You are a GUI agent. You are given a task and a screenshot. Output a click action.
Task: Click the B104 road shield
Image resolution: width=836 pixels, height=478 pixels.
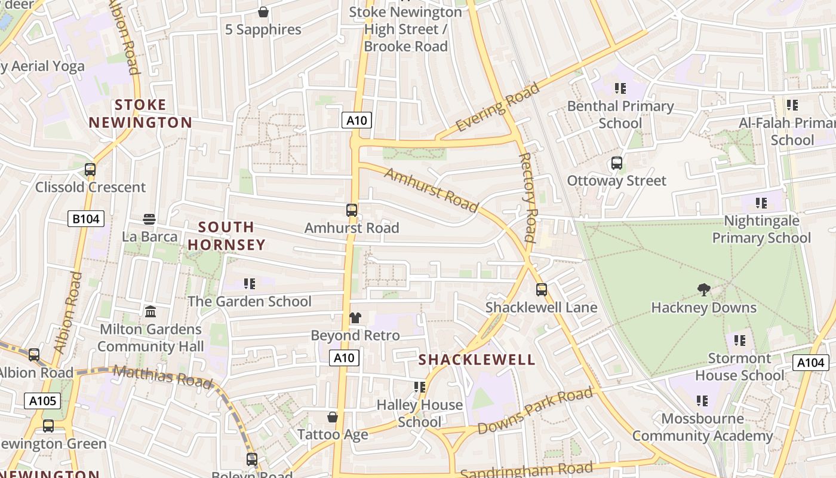(85, 219)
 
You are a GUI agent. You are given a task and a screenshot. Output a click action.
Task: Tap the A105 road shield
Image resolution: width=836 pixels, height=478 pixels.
(42, 400)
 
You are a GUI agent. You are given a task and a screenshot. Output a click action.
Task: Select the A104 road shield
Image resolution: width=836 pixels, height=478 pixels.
(810, 362)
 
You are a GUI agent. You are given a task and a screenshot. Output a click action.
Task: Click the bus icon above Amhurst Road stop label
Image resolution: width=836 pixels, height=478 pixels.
(352, 210)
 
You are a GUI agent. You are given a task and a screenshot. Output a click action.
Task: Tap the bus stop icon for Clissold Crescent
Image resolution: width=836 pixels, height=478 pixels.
(90, 170)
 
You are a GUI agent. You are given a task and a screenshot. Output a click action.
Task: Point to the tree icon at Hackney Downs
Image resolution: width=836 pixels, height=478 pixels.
(704, 290)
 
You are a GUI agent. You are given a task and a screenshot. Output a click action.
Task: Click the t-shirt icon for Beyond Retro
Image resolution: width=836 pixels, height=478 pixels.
(355, 318)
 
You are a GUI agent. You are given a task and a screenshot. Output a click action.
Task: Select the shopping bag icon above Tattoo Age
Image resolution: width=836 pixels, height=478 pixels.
(333, 417)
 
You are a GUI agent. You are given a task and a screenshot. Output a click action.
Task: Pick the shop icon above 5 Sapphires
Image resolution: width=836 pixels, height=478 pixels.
(263, 12)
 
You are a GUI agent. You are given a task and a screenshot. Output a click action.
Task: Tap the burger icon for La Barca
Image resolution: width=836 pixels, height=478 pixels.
(149, 219)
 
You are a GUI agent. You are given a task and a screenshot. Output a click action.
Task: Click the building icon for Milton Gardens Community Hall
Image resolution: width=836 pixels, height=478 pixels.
(150, 312)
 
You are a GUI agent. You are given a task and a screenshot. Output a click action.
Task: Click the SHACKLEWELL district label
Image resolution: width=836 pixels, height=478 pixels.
(477, 359)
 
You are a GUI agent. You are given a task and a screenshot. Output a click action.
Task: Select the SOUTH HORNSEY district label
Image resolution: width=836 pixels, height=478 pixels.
(226, 236)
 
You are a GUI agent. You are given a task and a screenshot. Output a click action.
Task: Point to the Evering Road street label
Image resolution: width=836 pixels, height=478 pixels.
(497, 108)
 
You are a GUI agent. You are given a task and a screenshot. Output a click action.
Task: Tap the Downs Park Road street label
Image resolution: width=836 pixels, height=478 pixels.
(535, 411)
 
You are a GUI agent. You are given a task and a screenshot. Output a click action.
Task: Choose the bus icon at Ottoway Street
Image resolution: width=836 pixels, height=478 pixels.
(616, 163)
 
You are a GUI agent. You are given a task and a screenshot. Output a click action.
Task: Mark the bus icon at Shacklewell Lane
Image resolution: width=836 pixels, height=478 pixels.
(542, 290)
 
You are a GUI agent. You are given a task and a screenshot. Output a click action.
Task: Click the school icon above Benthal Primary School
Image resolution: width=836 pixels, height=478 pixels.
(620, 88)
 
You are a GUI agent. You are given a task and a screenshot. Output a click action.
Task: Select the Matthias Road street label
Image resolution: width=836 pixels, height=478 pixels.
(162, 376)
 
